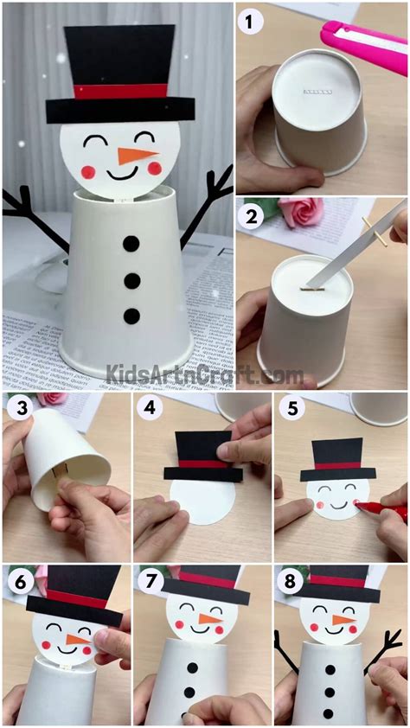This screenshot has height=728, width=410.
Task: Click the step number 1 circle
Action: click(253, 23)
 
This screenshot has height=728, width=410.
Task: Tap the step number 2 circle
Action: click(253, 217)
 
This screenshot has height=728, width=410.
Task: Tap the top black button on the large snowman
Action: click(130, 245)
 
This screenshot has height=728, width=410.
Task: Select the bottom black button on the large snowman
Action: click(130, 316)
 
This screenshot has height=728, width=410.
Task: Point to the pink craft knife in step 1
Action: click(363, 37)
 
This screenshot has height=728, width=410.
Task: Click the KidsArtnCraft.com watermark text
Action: click(204, 374)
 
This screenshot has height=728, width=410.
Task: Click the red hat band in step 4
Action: click(202, 463)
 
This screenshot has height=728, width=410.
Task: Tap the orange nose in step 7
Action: click(208, 618)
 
